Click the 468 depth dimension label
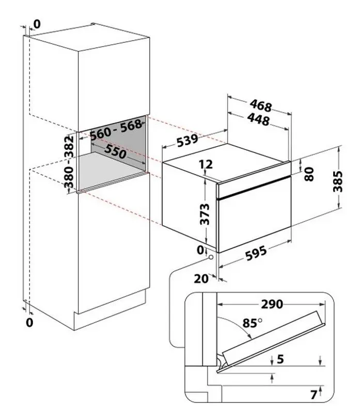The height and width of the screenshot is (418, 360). click(261, 106)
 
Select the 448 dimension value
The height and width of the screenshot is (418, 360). click(258, 120)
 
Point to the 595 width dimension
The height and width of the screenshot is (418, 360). click(256, 253)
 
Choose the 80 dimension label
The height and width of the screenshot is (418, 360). click(309, 174)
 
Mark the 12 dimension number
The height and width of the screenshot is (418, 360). click(206, 165)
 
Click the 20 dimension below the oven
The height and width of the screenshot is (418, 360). click(201, 279)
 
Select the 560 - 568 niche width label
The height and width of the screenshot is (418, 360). click(116, 132)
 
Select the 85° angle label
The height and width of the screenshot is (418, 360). click(252, 324)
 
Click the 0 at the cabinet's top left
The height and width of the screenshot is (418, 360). click(36, 24)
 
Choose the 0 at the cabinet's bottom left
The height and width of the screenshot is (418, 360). click(29, 322)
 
